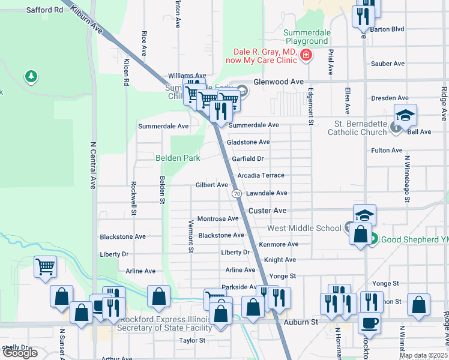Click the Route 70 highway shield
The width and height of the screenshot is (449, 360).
point(237,194)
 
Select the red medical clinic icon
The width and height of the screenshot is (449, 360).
point(306,56)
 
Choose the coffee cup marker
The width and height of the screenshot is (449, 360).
point(369,322)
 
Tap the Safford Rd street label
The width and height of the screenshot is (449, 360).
point(44,10)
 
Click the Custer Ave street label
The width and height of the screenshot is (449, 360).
point(268,211)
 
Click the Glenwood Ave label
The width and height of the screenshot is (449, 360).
point(279,82)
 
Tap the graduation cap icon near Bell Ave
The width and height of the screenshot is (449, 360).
point(405,115)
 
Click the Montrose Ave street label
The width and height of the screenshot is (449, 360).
point(218,219)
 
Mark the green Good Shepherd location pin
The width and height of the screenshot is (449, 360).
point(373,239)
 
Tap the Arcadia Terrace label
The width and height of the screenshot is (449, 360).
point(261,175)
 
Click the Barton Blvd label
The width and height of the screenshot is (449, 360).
point(388,29)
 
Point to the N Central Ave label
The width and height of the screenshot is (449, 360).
point(92,165)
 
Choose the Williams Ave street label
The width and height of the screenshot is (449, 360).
point(170,76)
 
